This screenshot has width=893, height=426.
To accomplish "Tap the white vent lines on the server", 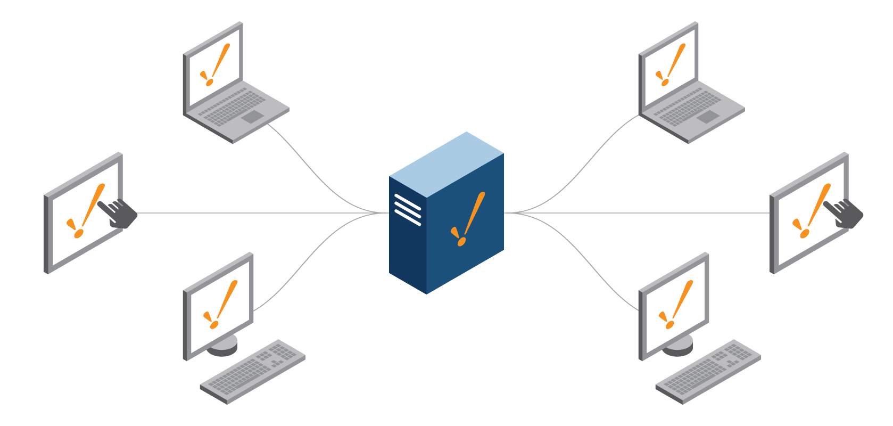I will pyautogui.click(x=408, y=209).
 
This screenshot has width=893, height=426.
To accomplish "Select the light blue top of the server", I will pyautogui.click(x=447, y=163).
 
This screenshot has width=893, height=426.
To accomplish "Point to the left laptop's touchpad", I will pyautogui.click(x=253, y=117).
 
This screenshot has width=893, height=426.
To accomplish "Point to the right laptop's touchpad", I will pyautogui.click(x=708, y=117).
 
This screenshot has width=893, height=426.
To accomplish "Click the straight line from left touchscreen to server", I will pyautogui.click(x=255, y=213).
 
